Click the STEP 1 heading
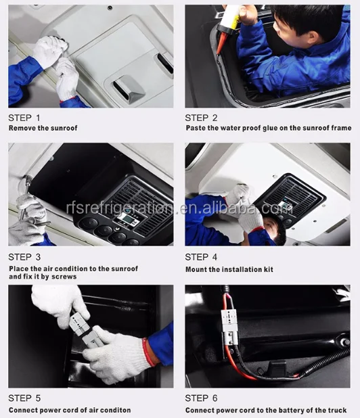[x=24, y=118]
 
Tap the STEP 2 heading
[x=202, y=118]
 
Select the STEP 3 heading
[x=24, y=257]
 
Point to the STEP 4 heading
[x=202, y=257]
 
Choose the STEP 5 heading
[x=24, y=398]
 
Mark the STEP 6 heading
[x=202, y=398]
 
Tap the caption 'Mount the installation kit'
[x=229, y=269]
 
